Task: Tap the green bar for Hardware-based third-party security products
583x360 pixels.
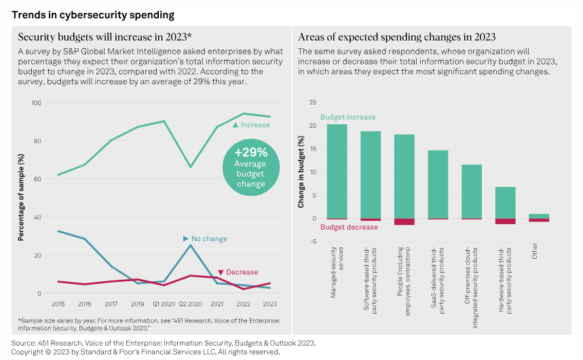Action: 505,202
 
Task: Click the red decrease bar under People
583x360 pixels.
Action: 405,222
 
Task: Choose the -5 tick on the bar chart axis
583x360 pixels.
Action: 312,242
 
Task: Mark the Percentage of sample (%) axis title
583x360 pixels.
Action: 21,198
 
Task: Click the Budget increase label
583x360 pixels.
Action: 348,118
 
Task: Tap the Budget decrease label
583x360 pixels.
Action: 349,227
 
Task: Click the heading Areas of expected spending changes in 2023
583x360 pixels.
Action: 397,37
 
